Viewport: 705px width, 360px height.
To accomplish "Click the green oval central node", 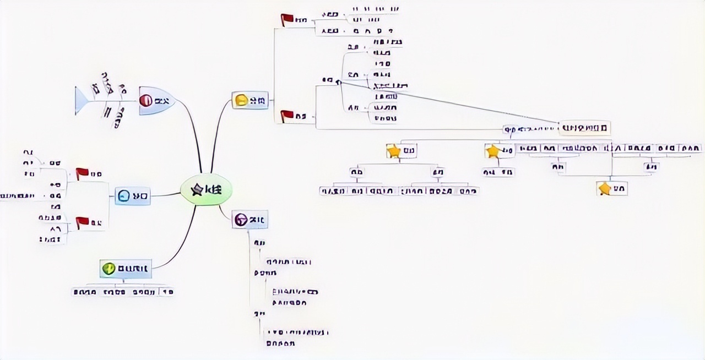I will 207,190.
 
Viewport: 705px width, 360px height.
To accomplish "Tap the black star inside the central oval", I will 196,190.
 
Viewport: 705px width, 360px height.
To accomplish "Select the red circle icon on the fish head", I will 146,100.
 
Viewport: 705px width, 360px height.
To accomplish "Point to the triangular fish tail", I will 82,101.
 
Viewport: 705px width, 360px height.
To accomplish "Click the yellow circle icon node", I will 241,100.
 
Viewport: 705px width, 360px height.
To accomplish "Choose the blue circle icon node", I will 124,195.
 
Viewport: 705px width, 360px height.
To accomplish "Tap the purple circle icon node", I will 241,220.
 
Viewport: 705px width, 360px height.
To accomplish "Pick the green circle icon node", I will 109,269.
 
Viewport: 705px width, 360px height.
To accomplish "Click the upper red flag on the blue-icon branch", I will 82,174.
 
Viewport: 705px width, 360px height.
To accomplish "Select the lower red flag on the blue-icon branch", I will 82,222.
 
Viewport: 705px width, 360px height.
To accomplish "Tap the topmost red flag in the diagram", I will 287,20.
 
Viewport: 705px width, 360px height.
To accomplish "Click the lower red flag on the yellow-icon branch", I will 287,116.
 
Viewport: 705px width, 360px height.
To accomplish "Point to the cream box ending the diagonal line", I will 584,128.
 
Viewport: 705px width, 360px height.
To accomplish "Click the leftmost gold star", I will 393,151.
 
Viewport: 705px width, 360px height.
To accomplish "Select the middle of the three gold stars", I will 492,150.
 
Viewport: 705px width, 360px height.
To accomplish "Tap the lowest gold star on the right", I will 605,189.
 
